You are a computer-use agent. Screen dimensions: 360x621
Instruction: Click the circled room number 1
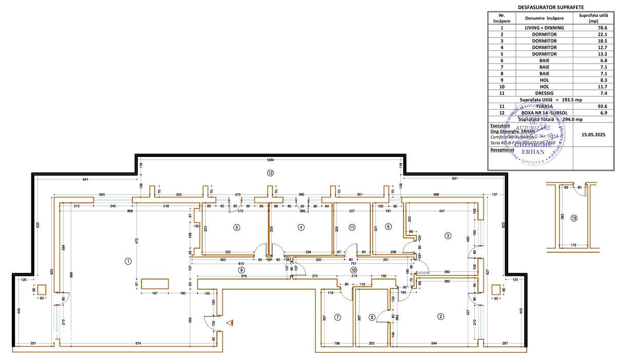(x=128, y=261)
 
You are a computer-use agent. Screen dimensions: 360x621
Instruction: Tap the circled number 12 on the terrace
(x=270, y=173)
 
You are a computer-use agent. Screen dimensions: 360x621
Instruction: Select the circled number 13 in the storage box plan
(x=574, y=218)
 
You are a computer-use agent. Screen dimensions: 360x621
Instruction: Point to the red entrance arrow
(x=230, y=323)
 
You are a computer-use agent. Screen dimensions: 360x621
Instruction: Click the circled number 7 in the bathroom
(x=337, y=317)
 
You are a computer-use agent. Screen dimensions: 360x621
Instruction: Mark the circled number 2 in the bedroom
(x=440, y=316)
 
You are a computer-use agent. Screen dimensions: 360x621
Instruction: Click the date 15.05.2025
(x=593, y=134)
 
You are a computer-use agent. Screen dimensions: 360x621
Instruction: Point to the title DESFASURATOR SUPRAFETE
(x=551, y=7)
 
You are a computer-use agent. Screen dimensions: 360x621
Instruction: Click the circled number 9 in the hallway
(x=241, y=269)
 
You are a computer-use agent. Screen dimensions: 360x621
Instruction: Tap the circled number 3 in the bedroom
(x=448, y=236)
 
